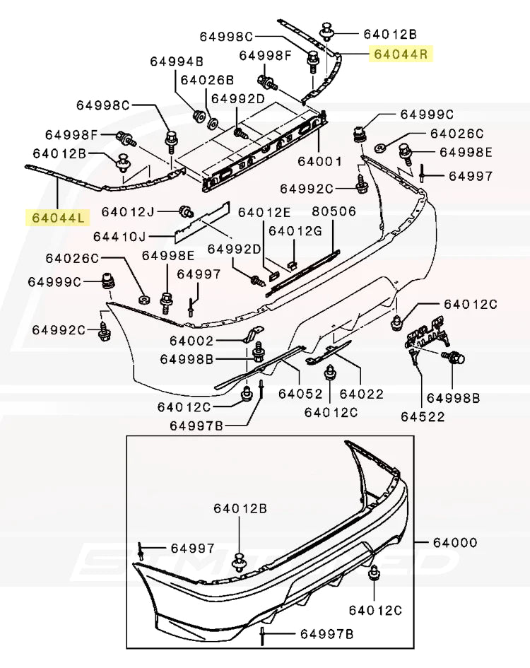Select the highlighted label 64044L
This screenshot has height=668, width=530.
point(56,217)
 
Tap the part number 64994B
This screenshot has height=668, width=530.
point(177,61)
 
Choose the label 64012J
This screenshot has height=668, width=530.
point(127,211)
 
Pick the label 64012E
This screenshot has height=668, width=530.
point(264,212)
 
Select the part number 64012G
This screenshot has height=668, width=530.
point(295,230)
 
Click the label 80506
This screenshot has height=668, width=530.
point(334,211)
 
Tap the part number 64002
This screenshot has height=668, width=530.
point(192,341)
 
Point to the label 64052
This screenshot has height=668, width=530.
point(300,393)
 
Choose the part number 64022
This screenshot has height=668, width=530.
point(362,393)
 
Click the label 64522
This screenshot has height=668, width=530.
point(422,416)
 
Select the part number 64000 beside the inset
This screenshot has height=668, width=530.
point(455,543)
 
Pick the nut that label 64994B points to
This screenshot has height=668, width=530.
point(199,115)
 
